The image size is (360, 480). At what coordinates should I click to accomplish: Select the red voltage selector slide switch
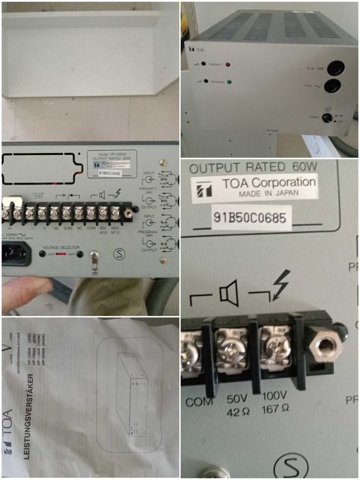(61, 254)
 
